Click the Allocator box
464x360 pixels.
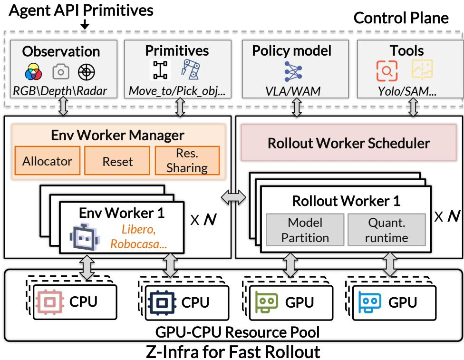point(48,160)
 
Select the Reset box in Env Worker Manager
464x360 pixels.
point(117,160)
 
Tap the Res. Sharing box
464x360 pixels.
point(187,160)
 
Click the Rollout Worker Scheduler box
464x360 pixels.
point(348,143)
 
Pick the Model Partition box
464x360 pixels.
point(305,230)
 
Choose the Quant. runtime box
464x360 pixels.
point(387,230)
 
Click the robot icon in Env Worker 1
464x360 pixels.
point(85,237)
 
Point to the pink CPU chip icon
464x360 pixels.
point(50,302)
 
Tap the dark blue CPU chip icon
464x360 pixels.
point(162,302)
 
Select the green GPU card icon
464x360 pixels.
point(266,302)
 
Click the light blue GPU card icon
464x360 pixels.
point(369,302)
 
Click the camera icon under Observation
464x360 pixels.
point(61,72)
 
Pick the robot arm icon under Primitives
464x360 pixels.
point(190,69)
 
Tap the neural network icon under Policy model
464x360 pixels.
point(293,71)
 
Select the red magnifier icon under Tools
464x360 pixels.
point(387,71)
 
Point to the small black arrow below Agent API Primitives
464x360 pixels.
point(85,24)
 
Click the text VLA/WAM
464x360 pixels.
point(293,91)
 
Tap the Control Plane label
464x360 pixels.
point(401,18)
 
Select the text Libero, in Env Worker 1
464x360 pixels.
point(138,229)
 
